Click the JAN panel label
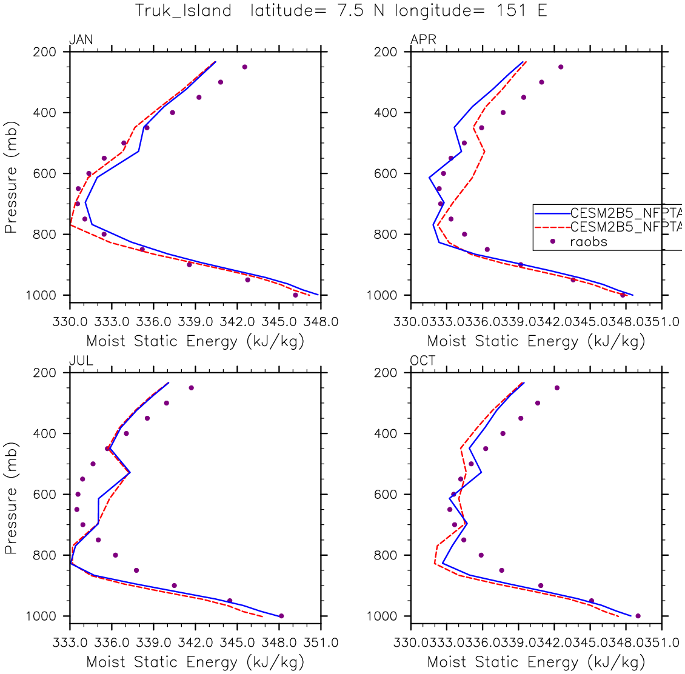[x=81, y=40]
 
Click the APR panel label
[x=423, y=40]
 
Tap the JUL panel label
[x=81, y=361]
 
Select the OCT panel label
[x=423, y=361]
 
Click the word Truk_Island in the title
[x=183, y=11]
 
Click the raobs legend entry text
[x=589, y=242]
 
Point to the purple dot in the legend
[x=552, y=242]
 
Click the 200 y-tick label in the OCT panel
[x=386, y=373]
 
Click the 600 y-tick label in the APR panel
[x=386, y=174]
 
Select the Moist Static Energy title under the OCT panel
[x=536, y=662]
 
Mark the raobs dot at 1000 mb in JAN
[x=295, y=295]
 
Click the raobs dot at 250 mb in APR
[x=561, y=67]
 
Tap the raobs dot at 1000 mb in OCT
[x=638, y=616]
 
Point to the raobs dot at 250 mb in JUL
[x=191, y=388]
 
